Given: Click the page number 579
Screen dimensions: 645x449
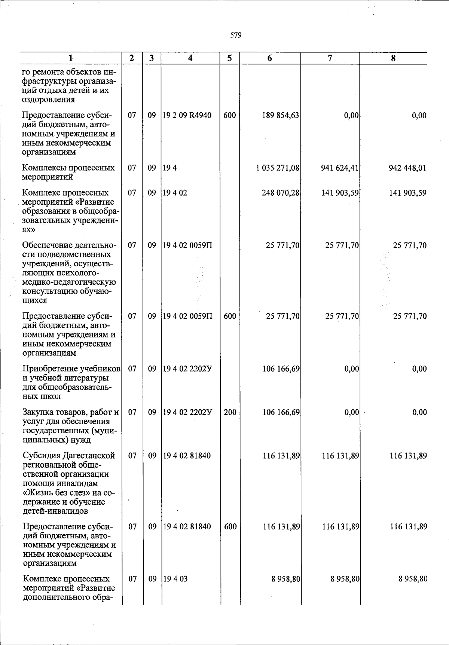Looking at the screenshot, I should [236, 35].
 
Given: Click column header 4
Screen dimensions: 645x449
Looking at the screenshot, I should [190, 58].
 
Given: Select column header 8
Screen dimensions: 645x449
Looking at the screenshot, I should [393, 58].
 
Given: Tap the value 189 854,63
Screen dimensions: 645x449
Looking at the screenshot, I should [281, 116].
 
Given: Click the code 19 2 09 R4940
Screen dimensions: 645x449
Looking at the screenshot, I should [187, 116].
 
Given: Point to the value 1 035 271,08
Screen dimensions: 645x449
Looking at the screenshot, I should [278, 168].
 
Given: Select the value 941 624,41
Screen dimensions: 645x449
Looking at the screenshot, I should [340, 168].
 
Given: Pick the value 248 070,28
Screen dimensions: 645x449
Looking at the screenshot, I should [281, 193].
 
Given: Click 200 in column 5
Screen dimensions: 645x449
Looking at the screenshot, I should [230, 412].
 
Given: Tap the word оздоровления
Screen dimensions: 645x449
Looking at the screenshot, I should [48, 100].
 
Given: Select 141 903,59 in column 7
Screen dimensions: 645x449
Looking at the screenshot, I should [340, 193].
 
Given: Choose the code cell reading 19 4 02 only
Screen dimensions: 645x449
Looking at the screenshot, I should [175, 193].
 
